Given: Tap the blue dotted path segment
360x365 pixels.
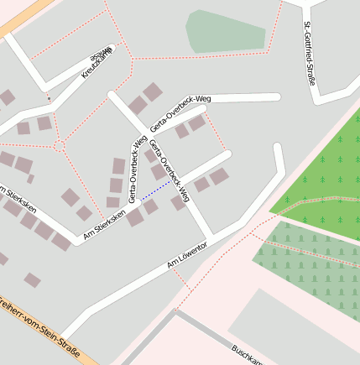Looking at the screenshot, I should (x=154, y=190).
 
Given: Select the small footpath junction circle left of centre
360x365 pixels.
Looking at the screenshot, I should (x=59, y=146).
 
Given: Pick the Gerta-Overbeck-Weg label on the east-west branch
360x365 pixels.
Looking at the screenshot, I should (x=180, y=113).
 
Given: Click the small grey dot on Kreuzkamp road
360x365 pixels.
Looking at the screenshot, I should (x=49, y=100).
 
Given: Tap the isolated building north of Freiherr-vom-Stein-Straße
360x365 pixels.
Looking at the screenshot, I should (x=32, y=279).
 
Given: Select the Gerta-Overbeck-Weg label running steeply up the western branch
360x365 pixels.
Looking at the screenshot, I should (x=135, y=169).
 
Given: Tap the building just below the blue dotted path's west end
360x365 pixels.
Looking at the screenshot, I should (x=134, y=217).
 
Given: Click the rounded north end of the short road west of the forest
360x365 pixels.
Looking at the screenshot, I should (x=279, y=148).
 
